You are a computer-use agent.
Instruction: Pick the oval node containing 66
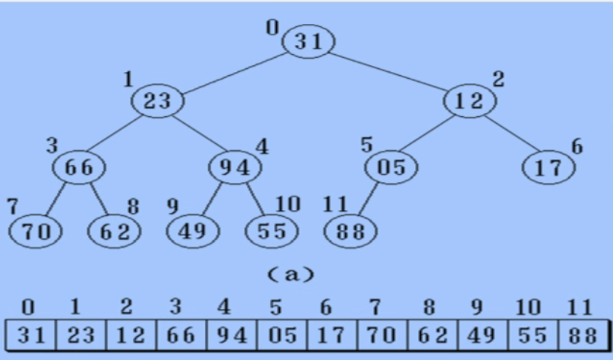[x=79, y=166]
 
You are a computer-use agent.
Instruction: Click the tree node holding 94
[x=235, y=166]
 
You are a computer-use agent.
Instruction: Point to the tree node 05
[x=391, y=166]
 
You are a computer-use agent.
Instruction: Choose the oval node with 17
[x=548, y=166]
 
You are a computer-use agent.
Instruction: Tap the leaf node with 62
[x=114, y=231]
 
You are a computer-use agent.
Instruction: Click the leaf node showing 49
[x=193, y=231]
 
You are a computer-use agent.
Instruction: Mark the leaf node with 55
[x=272, y=231]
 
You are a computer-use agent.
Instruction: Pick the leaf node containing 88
[x=350, y=231]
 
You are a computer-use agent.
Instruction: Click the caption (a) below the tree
[x=292, y=274]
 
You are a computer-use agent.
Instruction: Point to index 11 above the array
[x=580, y=307]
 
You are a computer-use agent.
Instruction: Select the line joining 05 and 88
[x=368, y=200]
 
